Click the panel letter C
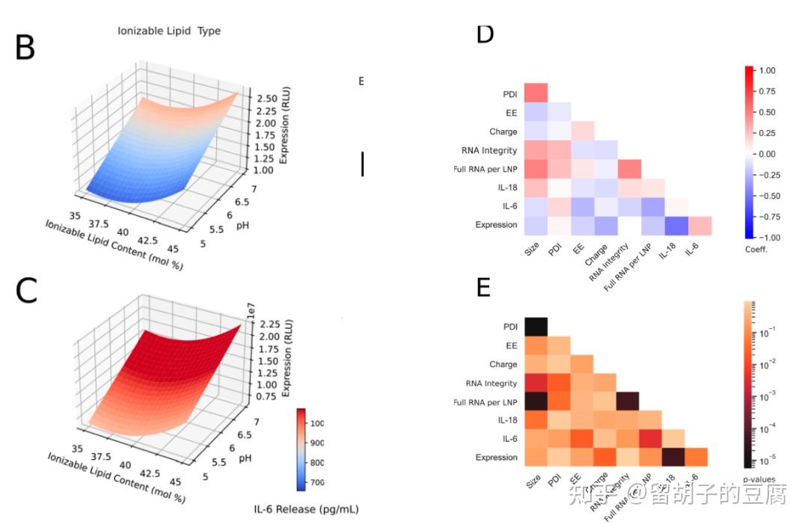click(26, 292)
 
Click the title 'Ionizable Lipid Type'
click(169, 31)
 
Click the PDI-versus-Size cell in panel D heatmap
click(536, 94)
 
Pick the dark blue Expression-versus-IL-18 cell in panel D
click(676, 225)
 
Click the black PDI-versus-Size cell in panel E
click(536, 327)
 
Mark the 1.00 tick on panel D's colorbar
click(766, 70)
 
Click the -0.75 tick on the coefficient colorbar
click(766, 216)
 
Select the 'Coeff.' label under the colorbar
click(756, 249)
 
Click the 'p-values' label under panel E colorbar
click(759, 479)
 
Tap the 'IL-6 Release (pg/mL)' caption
click(306, 509)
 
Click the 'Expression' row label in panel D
click(496, 225)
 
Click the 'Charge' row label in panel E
click(503, 364)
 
